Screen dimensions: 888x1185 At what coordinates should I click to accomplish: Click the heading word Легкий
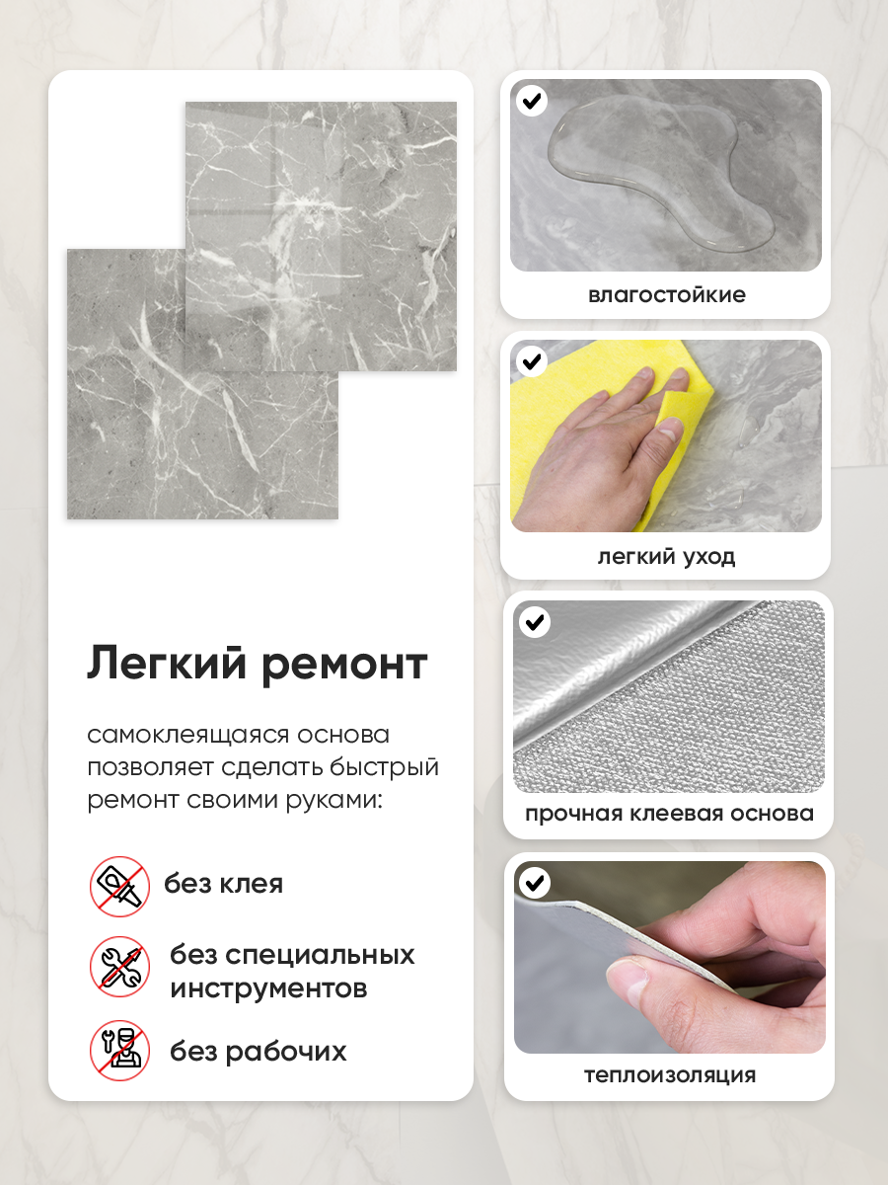(x=167, y=664)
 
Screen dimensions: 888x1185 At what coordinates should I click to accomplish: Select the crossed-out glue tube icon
(x=119, y=886)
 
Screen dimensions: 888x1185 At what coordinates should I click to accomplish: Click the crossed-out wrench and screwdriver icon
(x=119, y=967)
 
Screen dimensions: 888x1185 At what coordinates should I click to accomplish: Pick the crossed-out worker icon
(x=119, y=1050)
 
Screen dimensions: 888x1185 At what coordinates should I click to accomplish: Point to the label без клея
(x=223, y=884)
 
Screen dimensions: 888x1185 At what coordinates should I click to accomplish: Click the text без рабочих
(x=259, y=1052)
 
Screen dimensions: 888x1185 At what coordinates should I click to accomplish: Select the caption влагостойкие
(x=666, y=294)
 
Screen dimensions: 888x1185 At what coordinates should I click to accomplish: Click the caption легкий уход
(x=666, y=557)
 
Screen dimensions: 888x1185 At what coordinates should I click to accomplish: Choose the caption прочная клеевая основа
(x=669, y=814)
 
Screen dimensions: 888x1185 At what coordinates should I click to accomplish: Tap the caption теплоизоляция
(x=670, y=1074)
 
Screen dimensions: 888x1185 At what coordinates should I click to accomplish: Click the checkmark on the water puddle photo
(x=532, y=101)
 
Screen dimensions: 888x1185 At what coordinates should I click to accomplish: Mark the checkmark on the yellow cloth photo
(x=532, y=361)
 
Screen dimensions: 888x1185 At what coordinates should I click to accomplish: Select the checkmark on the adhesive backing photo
(x=535, y=622)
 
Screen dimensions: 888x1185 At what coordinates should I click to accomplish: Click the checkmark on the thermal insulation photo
(x=535, y=883)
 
